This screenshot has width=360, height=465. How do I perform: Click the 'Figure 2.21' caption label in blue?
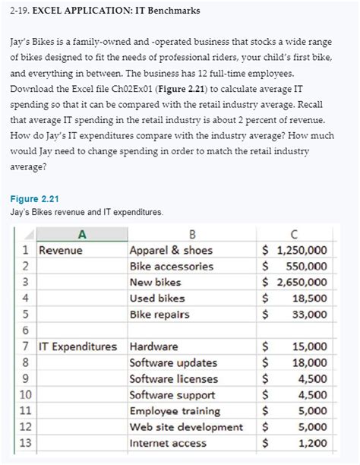pos(34,199)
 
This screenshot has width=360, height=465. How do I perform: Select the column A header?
pos(81,235)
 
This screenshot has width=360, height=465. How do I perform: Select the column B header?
pos(191,235)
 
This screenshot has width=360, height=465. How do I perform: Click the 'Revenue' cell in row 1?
pos(61,251)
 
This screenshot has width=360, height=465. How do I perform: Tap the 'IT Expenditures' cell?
pos(78,346)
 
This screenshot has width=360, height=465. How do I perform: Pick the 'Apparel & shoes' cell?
pos(172,251)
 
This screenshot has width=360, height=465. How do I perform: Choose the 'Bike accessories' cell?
pos(172,267)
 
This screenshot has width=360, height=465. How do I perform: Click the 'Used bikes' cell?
pos(157,299)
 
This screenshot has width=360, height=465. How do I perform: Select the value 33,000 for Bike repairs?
pos(310,315)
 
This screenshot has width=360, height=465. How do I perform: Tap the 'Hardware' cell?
pos(154,346)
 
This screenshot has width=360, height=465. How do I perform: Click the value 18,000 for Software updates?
pos(310,362)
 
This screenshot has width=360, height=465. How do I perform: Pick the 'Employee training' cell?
pos(175,410)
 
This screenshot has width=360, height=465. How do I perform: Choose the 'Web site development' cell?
pos(186,426)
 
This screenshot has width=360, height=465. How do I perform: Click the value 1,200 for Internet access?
pos(313,442)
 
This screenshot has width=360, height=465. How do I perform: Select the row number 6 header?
pos(25,331)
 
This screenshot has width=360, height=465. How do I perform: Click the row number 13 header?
pos(25,442)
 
